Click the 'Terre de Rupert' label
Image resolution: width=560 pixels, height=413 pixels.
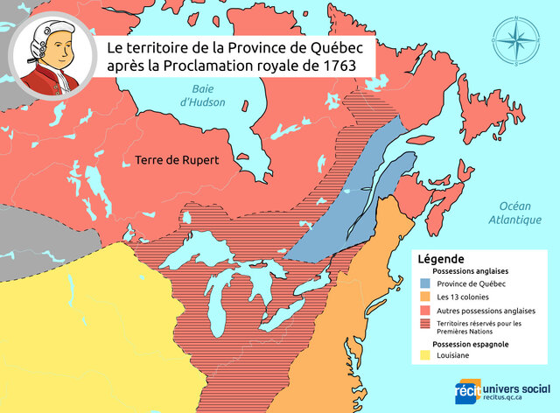pos(176,160)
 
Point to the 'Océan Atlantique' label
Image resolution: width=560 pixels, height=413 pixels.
pos(514,211)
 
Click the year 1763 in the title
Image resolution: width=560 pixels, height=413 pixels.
pos(346,65)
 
